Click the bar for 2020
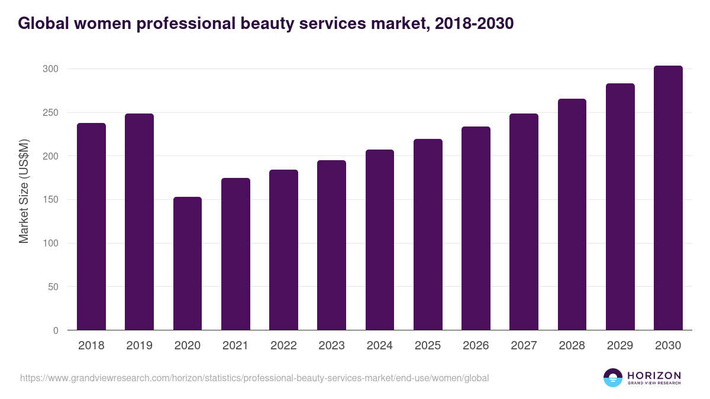188,264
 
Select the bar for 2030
668,198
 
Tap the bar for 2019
139,222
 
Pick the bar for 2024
379,240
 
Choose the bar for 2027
524,222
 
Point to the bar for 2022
283,250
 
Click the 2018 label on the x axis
91,346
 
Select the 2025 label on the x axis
428,346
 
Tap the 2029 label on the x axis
620,346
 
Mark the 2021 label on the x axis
235,346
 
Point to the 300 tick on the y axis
50,69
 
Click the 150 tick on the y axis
50,200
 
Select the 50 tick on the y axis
53,287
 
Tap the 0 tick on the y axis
56,330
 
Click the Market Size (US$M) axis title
24,191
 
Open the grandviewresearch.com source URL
254,378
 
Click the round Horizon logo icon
613,378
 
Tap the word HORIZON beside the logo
654,375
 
